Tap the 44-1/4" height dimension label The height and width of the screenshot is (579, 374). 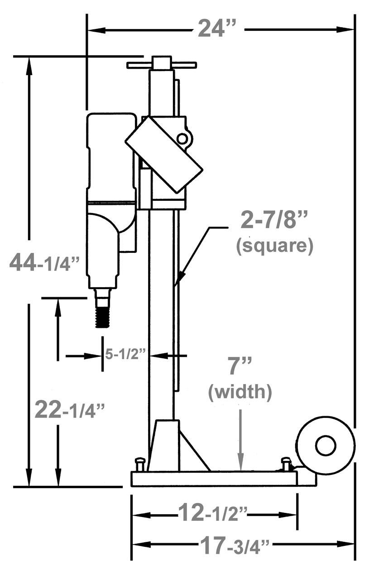[x=46, y=264]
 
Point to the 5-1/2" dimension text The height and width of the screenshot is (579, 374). [x=125, y=354]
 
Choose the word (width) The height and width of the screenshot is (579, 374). [x=240, y=392]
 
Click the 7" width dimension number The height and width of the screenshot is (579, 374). [x=238, y=366]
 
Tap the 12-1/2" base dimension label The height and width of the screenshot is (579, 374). [x=213, y=513]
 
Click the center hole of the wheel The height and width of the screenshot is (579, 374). [x=326, y=446]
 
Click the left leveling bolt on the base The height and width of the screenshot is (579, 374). [x=140, y=464]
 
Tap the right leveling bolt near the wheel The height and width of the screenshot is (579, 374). [x=286, y=464]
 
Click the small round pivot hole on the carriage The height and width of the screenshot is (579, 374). [x=182, y=138]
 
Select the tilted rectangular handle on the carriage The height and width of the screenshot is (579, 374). [x=163, y=153]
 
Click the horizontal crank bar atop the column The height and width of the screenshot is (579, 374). [x=162, y=65]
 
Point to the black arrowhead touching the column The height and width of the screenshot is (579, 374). [x=179, y=278]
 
